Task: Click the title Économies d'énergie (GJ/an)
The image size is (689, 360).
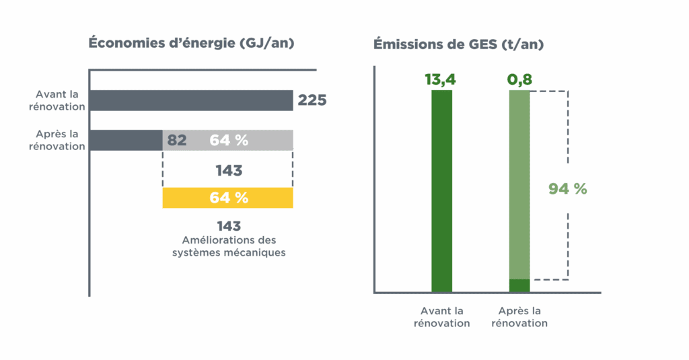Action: pyautogui.click(x=192, y=43)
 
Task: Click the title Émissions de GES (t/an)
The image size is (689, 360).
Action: pyautogui.click(x=459, y=45)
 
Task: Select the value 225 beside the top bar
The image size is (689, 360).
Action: pyautogui.click(x=312, y=100)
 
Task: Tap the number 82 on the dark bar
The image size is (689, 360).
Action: pyautogui.click(x=176, y=141)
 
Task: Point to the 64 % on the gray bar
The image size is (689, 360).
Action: pyautogui.click(x=229, y=141)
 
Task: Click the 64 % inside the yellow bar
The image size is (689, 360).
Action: pyautogui.click(x=229, y=198)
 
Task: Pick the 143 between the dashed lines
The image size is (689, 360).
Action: pyautogui.click(x=229, y=171)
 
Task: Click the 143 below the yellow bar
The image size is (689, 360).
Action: pyautogui.click(x=229, y=226)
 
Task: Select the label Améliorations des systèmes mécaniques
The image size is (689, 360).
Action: pyautogui.click(x=229, y=246)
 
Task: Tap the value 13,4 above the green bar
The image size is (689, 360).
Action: pyautogui.click(x=441, y=80)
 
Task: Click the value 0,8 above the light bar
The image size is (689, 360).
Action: pyautogui.click(x=519, y=80)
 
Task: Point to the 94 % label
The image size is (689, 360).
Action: pyautogui.click(x=568, y=189)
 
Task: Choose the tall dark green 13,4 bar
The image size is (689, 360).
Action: pyautogui.click(x=441, y=192)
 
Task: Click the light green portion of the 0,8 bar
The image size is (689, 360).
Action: pyautogui.click(x=519, y=182)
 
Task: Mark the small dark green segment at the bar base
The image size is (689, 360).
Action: pyautogui.click(x=519, y=286)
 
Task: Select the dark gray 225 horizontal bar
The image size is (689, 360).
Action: pyautogui.click(x=190, y=100)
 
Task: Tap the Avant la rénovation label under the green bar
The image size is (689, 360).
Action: pyautogui.click(x=441, y=317)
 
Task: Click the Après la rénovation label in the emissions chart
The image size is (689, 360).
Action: pyautogui.click(x=519, y=317)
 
